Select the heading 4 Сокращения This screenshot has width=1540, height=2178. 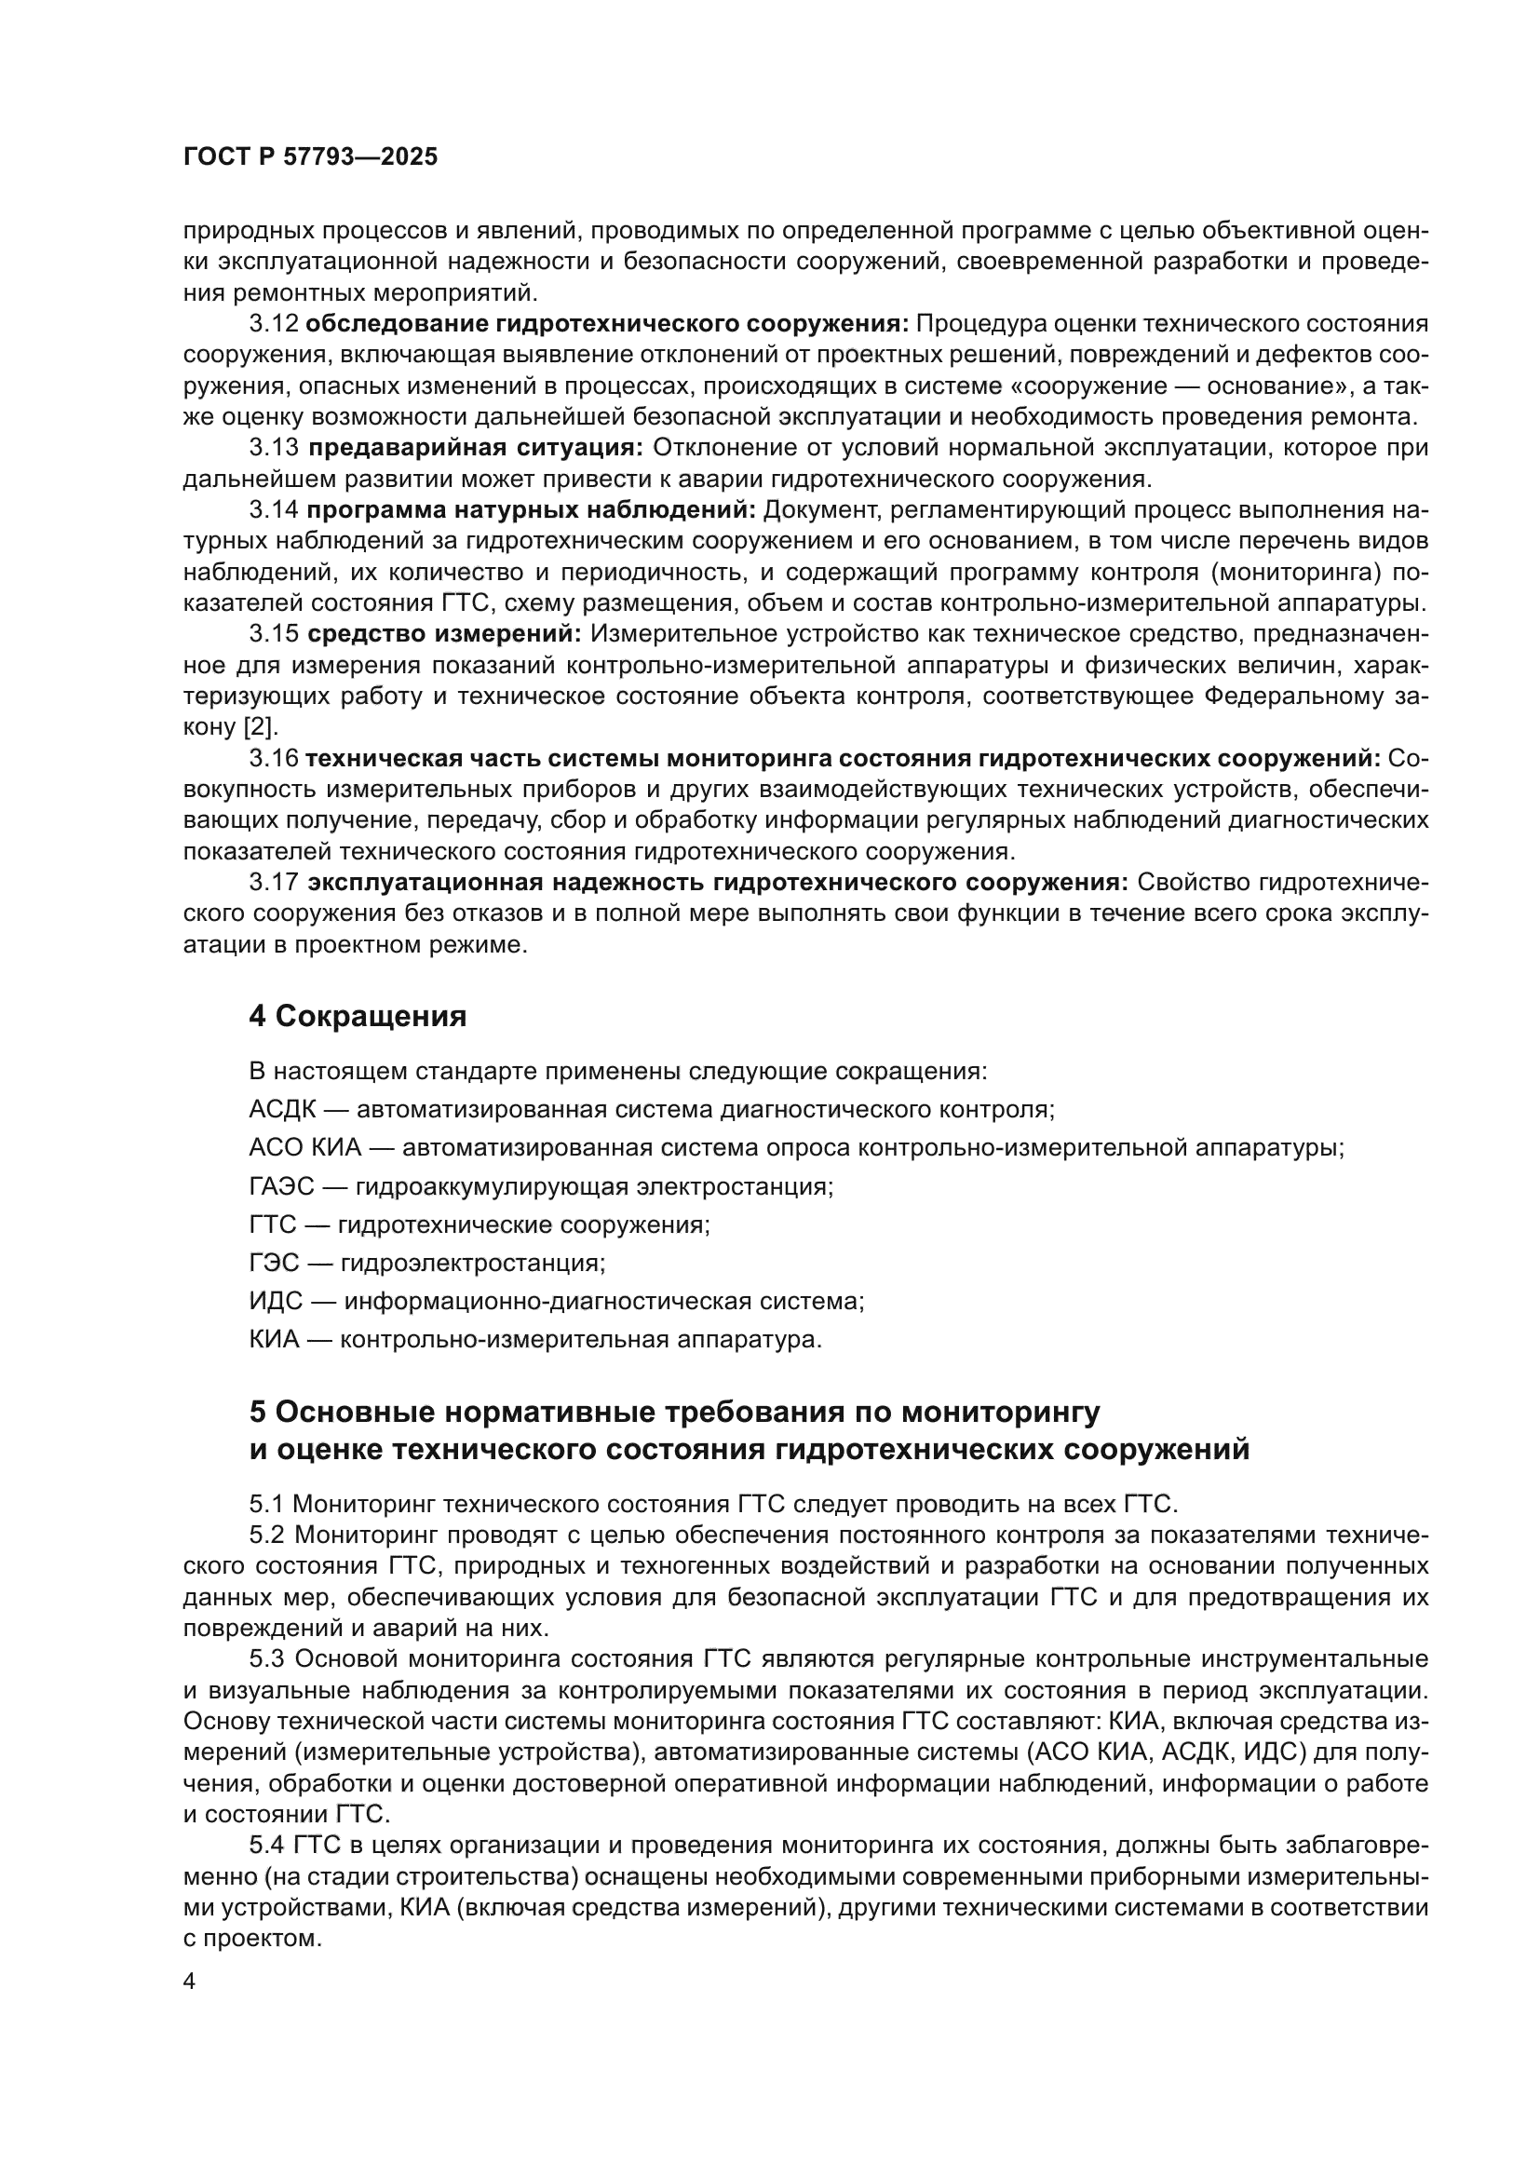(358, 1017)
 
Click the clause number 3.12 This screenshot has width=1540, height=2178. (273, 324)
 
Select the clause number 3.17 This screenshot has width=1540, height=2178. (273, 882)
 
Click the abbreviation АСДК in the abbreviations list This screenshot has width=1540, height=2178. (283, 1110)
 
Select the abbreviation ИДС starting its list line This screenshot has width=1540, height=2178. (275, 1302)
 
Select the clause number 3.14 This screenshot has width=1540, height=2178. (273, 510)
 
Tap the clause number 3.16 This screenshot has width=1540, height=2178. (273, 758)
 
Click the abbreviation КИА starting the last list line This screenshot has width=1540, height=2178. (274, 1339)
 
